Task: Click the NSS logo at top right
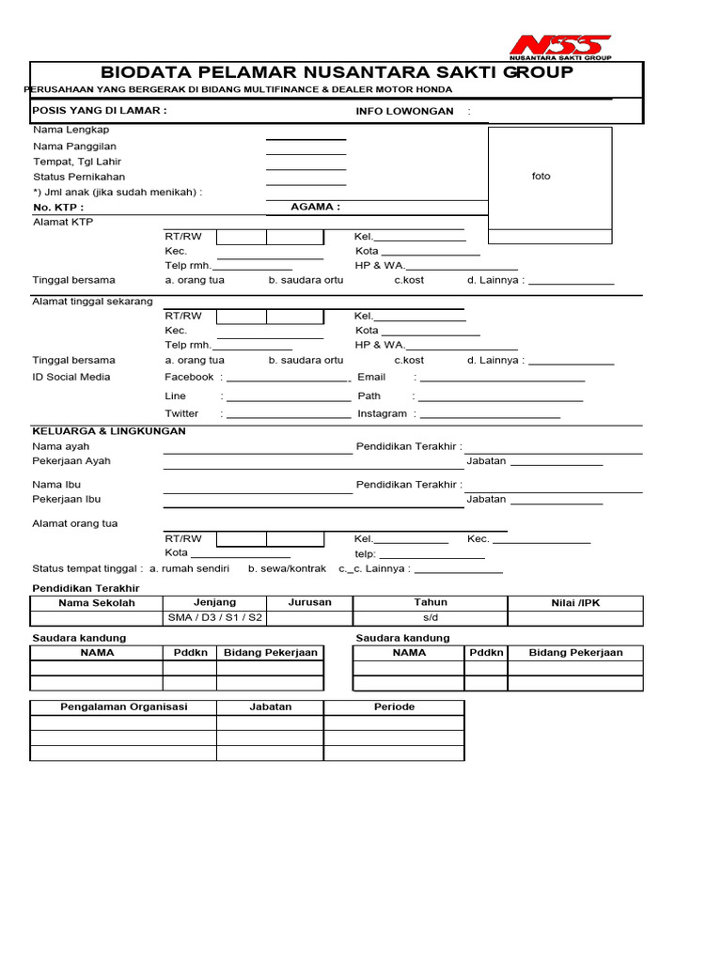click(560, 47)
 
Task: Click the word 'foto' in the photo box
click(541, 177)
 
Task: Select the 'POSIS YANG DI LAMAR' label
click(100, 110)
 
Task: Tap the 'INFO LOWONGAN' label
click(404, 111)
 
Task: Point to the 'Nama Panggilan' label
click(75, 147)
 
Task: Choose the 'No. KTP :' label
click(58, 207)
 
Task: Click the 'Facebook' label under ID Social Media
click(189, 377)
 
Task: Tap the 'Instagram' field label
click(382, 413)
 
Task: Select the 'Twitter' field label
click(181, 413)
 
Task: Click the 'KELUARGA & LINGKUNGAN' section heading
click(109, 430)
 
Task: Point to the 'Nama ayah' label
click(61, 446)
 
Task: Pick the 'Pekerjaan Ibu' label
click(67, 499)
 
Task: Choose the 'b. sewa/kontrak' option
click(287, 568)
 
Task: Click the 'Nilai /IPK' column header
click(575, 603)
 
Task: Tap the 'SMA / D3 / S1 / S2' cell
click(215, 617)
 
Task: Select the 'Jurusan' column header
click(309, 602)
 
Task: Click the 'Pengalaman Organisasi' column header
click(124, 706)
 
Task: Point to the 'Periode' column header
click(394, 706)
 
